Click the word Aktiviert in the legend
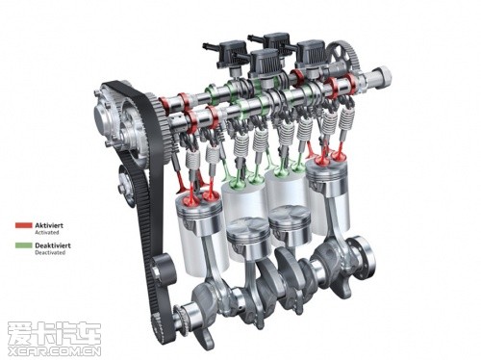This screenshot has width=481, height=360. pyautogui.click(x=49, y=225)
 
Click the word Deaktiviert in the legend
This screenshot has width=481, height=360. pyautogui.click(x=53, y=245)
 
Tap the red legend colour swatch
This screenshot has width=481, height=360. pyautogui.click(x=24, y=225)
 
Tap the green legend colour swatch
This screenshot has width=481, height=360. pyautogui.click(x=24, y=245)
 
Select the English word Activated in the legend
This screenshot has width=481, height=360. pyautogui.click(x=47, y=232)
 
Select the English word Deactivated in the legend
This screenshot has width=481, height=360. pyautogui.click(x=50, y=252)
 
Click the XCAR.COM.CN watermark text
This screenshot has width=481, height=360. pyautogui.click(x=54, y=350)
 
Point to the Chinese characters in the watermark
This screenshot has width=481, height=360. pyautogui.click(x=54, y=334)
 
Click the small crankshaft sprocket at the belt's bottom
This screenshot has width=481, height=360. pyautogui.click(x=181, y=318)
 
